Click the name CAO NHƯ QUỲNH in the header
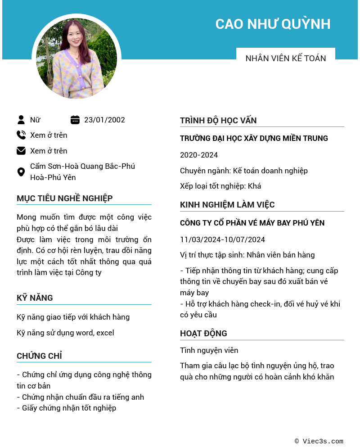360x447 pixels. click(x=273, y=24)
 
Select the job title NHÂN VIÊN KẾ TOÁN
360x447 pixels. click(x=285, y=58)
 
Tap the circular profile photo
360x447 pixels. click(x=76, y=59)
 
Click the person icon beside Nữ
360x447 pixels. click(x=21, y=120)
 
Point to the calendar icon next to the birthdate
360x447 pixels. click(x=75, y=120)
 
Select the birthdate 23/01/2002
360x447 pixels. click(x=104, y=120)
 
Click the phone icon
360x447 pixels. click(x=21, y=135)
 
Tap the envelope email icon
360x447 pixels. click(x=21, y=151)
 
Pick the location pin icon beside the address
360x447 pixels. click(x=21, y=172)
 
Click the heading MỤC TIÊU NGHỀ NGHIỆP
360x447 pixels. click(x=64, y=198)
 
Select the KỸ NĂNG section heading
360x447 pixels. click(x=35, y=298)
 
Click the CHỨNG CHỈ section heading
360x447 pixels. click(x=39, y=356)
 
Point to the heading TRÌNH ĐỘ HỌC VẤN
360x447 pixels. click(x=218, y=120)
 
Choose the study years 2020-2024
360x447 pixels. click(x=199, y=155)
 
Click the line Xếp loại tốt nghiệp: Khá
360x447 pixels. click(x=220, y=186)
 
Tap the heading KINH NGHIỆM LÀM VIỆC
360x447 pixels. click(x=227, y=205)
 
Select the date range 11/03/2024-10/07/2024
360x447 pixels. click(x=222, y=239)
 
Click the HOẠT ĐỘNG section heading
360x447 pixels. click(x=203, y=333)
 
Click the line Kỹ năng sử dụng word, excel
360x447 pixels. click(x=65, y=333)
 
